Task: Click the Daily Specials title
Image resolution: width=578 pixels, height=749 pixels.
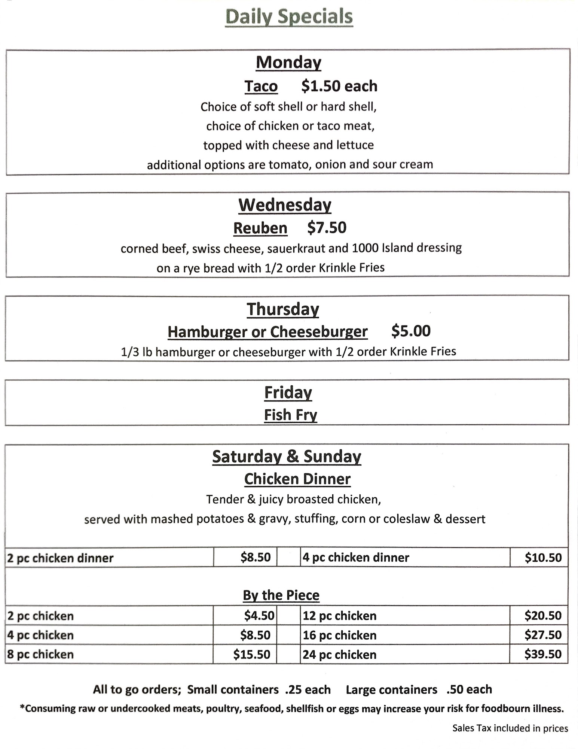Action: (289, 17)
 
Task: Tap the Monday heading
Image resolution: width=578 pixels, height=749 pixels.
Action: (288, 62)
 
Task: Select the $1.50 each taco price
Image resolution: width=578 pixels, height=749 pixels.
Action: (339, 86)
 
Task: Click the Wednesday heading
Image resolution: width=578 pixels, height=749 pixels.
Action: (285, 205)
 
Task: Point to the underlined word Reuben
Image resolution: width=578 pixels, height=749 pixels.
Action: (260, 228)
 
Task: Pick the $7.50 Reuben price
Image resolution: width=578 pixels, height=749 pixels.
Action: (327, 228)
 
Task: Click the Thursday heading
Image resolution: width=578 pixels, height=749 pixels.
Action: (283, 309)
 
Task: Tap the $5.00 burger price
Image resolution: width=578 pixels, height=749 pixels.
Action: (411, 331)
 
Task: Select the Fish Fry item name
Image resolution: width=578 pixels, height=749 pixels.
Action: (290, 415)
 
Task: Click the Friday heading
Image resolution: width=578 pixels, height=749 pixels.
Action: (288, 392)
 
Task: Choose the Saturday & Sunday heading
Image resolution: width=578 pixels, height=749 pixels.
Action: (287, 457)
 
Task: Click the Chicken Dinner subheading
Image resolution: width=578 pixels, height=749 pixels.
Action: (297, 479)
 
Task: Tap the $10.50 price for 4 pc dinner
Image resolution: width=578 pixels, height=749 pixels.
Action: (543, 558)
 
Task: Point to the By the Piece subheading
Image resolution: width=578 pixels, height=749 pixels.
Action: (281, 595)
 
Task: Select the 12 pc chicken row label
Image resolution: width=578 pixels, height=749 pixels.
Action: (339, 616)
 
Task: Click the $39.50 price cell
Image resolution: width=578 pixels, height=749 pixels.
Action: (543, 654)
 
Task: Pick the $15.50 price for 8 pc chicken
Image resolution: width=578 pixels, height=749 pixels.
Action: (251, 654)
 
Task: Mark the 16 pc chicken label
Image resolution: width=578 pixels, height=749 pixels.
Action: (339, 635)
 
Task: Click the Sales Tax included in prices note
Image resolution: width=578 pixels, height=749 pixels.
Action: (510, 728)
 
